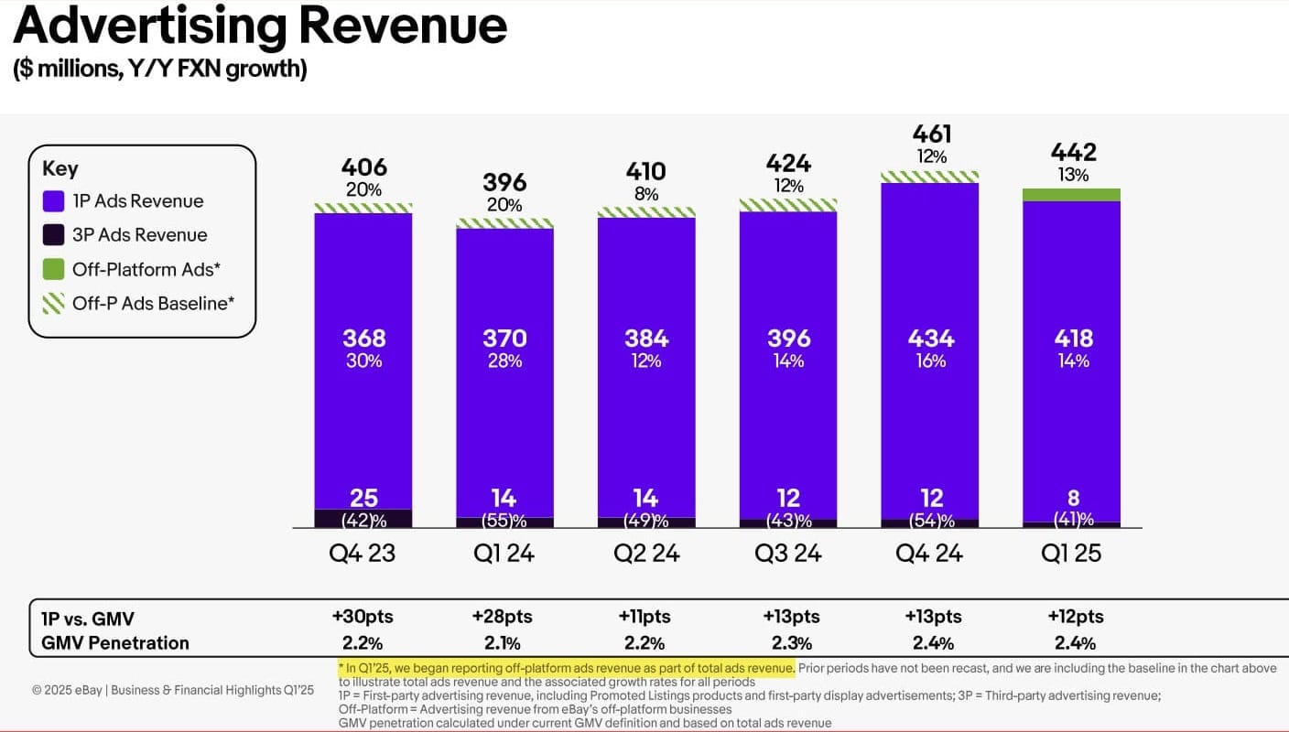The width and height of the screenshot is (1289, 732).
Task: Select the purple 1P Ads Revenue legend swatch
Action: (x=54, y=201)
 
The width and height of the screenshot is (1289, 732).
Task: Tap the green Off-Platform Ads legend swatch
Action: (x=54, y=269)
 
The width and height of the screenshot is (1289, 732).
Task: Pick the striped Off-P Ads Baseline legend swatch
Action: (x=54, y=303)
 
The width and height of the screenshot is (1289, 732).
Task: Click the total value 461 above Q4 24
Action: (x=931, y=135)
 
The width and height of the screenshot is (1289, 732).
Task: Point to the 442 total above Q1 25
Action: (x=1073, y=152)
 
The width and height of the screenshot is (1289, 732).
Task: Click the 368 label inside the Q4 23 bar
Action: (x=363, y=338)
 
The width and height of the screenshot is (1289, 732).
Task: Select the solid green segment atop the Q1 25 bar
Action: (x=1072, y=194)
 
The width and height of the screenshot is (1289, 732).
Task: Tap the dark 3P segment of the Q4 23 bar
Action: (x=363, y=519)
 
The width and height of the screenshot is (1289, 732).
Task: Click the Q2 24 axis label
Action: (x=646, y=553)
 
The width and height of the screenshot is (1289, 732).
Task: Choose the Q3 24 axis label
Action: (x=788, y=553)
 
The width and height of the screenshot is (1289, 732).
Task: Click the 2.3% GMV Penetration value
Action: (x=789, y=642)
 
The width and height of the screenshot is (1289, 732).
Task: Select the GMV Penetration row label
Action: (x=115, y=642)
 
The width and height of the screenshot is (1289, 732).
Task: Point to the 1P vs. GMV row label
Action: (x=88, y=618)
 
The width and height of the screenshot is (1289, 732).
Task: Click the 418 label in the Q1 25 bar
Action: (x=1073, y=338)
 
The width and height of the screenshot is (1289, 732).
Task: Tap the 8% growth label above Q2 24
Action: (x=646, y=193)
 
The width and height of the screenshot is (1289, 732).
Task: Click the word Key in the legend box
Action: (x=60, y=168)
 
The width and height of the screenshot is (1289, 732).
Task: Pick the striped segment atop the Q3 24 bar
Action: (x=788, y=205)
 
